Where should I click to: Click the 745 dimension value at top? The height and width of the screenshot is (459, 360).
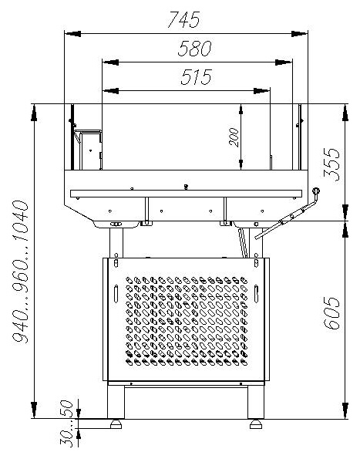pos(184,19)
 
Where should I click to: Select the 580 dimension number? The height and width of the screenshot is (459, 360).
pos(194,49)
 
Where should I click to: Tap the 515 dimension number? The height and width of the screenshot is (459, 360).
pos(196,77)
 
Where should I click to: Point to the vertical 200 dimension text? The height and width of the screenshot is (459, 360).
pos(234,137)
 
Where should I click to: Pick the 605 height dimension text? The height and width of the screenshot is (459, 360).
pos(332,313)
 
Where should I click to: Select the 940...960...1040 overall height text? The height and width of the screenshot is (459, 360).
pos(21,272)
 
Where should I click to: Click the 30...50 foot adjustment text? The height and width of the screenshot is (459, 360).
pos(66,424)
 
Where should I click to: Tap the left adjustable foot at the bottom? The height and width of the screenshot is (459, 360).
pos(116,424)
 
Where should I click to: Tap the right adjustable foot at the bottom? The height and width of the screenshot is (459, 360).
pos(256,424)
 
